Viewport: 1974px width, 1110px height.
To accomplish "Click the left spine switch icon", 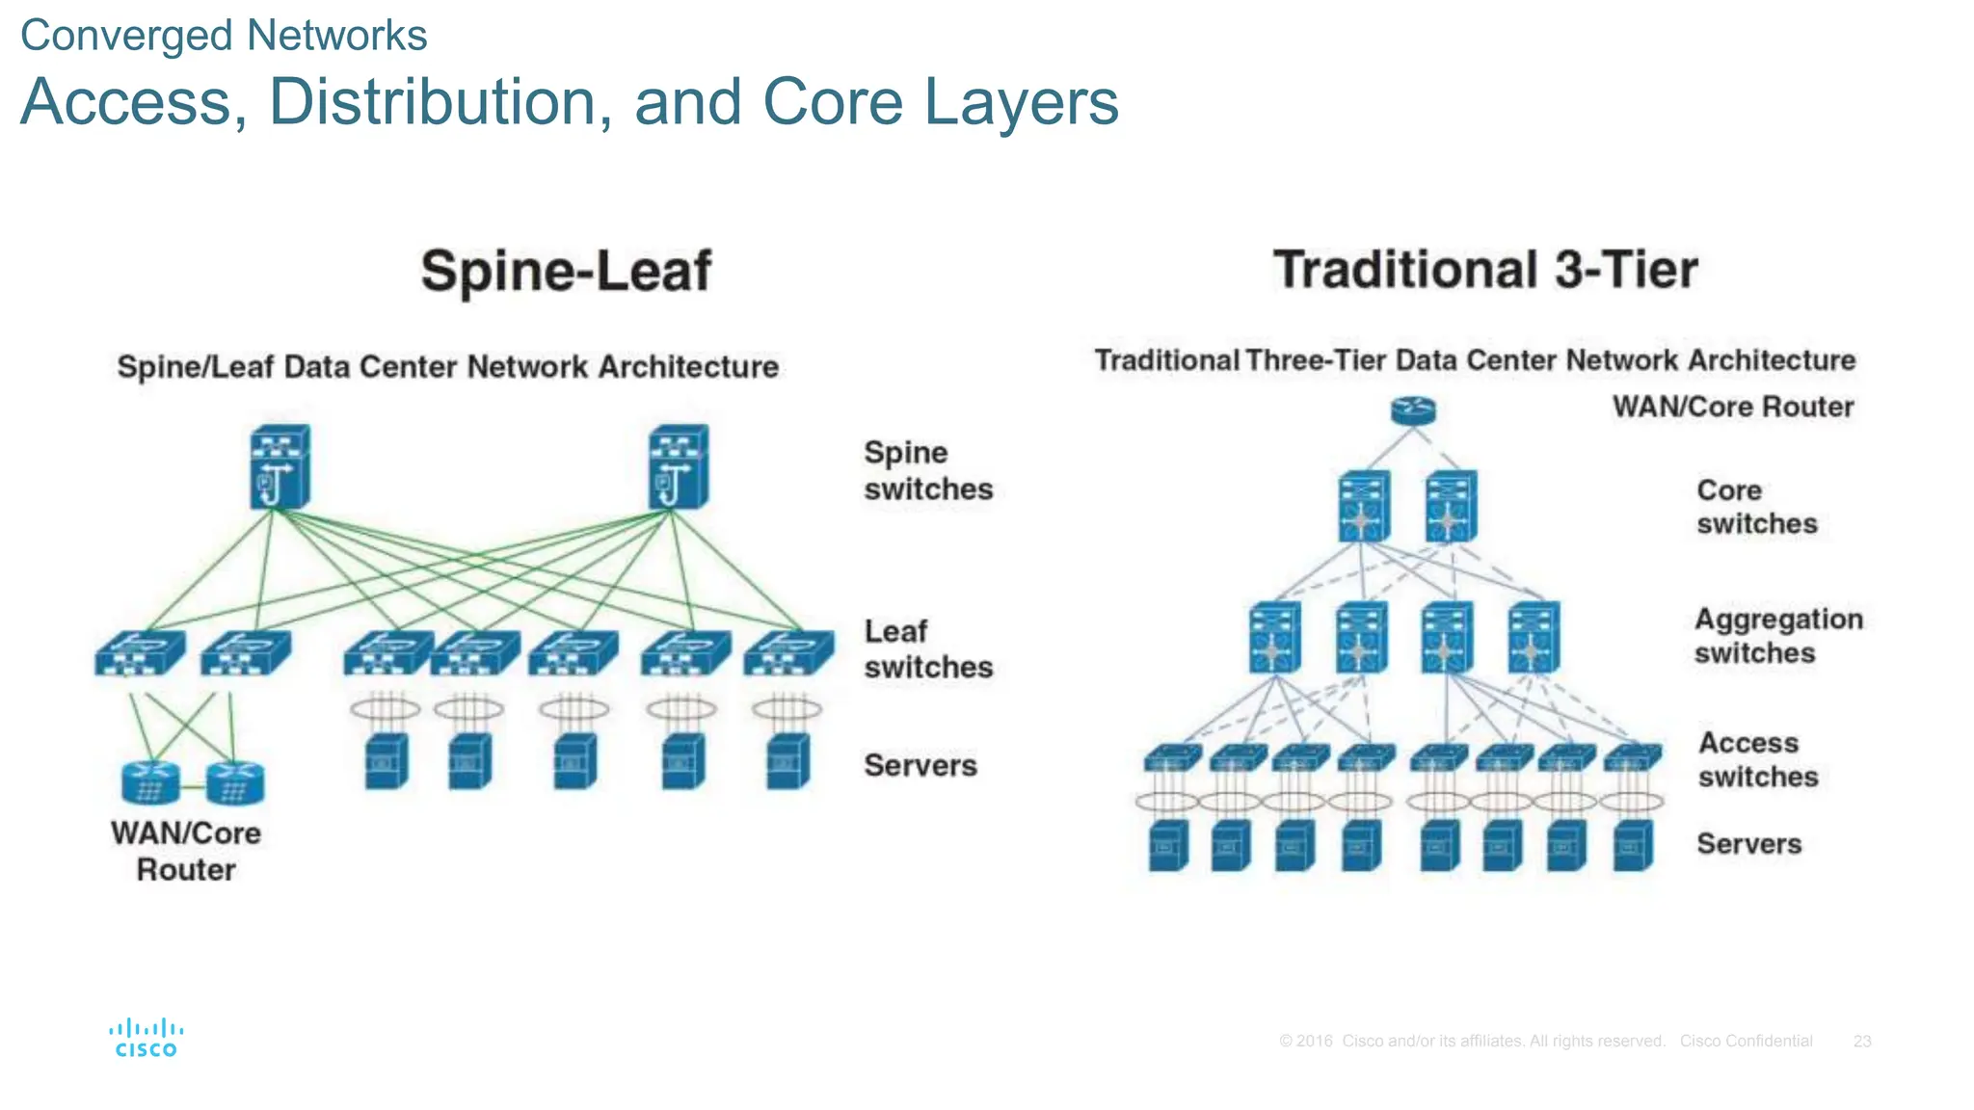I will [280, 466].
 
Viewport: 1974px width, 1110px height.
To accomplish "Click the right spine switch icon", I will [679, 466].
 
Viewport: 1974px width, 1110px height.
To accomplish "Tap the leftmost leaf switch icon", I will [139, 652].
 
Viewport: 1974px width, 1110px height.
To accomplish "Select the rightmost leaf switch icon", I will [788, 652].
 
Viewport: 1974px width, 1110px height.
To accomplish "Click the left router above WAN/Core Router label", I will [150, 782].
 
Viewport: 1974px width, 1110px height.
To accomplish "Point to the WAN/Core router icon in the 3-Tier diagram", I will [1413, 411].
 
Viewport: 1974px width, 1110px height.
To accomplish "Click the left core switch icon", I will [1364, 506].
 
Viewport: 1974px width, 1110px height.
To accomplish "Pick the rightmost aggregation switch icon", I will [1533, 637].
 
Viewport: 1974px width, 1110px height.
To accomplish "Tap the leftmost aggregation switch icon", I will [1274, 637].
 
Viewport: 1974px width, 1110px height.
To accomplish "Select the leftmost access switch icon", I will [1172, 757].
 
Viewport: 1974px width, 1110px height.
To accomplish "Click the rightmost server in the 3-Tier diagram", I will [1633, 845].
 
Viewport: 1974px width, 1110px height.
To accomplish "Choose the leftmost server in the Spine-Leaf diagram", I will [387, 761].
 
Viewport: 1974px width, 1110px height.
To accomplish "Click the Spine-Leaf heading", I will [566, 271].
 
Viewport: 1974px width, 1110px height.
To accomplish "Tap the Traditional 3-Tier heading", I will [1484, 270].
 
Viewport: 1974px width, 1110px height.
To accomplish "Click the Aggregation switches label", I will [1777, 636].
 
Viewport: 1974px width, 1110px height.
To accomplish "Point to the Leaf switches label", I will [927, 648].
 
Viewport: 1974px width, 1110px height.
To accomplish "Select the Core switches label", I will [1756, 507].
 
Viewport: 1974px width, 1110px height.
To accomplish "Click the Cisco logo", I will [146, 1038].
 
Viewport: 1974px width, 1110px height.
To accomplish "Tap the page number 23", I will [1861, 1042].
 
